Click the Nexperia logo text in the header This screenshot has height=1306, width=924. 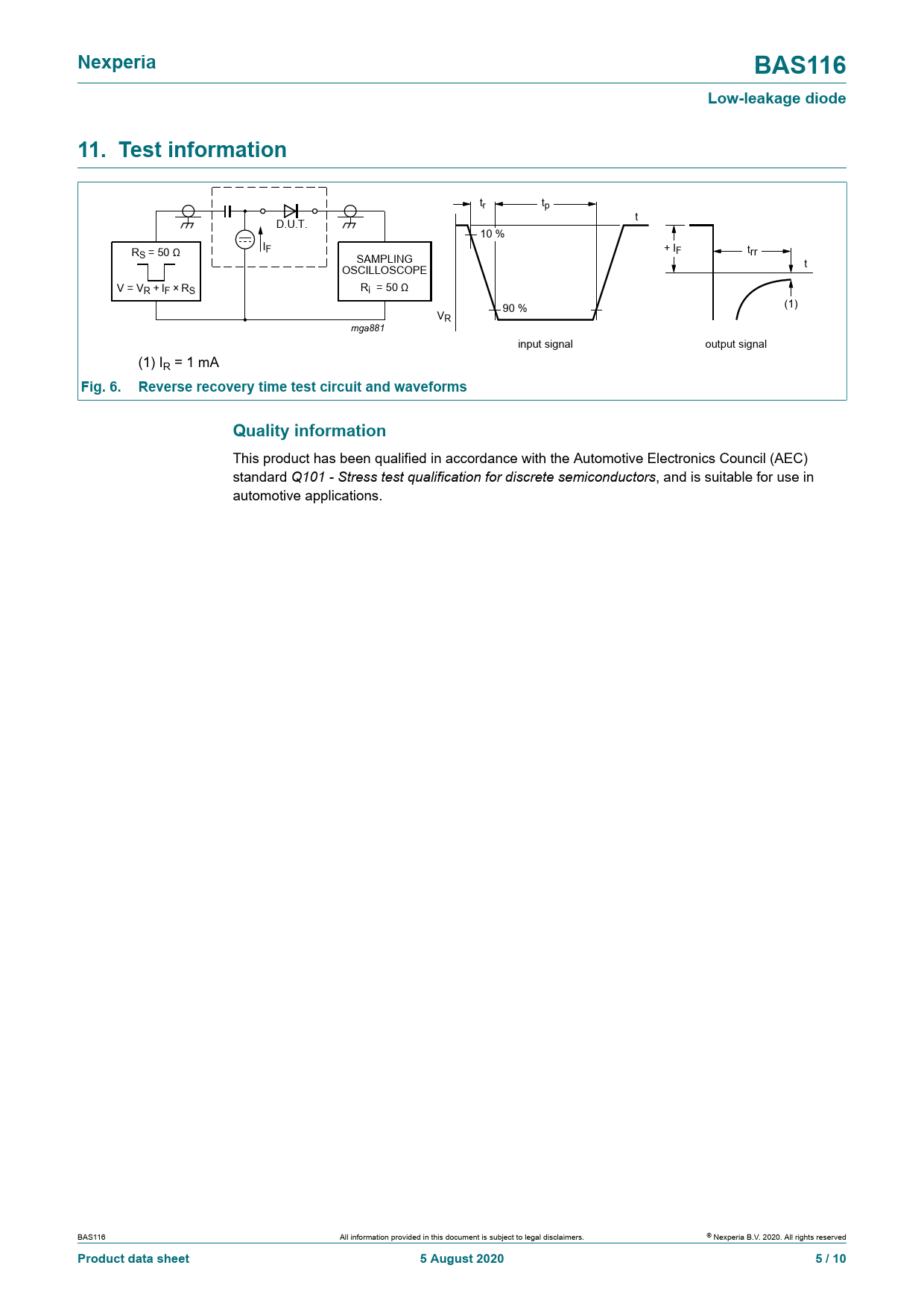[x=117, y=63]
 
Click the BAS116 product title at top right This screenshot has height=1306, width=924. [x=800, y=66]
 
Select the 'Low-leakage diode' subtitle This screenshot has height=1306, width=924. [x=776, y=98]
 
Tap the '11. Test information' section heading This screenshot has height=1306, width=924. [x=183, y=150]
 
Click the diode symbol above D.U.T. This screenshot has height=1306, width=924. [x=291, y=211]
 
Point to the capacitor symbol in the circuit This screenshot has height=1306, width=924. [x=228, y=211]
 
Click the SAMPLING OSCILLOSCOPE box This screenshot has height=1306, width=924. [x=385, y=271]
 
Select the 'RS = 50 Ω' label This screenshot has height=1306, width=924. [x=156, y=253]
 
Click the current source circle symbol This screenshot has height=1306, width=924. [x=245, y=240]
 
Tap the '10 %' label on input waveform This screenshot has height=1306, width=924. [x=492, y=234]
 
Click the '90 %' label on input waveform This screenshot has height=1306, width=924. [x=514, y=308]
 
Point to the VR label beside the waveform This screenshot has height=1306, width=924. [x=444, y=316]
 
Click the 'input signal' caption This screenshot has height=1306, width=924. [x=545, y=344]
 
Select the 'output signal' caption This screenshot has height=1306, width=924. [x=735, y=344]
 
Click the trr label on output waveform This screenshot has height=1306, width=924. [x=753, y=252]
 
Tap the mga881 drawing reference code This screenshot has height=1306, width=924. [x=368, y=328]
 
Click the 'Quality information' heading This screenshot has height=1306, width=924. [x=309, y=430]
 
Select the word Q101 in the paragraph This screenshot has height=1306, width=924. [x=308, y=477]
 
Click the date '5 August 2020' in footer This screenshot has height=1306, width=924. [x=462, y=1258]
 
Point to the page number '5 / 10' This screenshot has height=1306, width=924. [x=831, y=1258]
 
